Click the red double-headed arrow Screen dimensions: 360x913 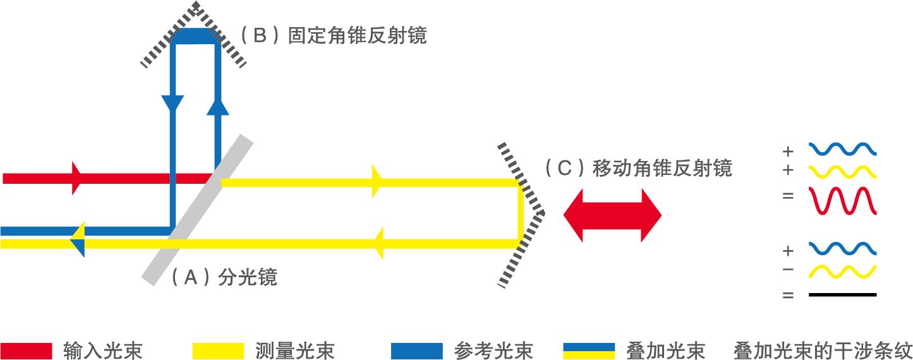click(612, 215)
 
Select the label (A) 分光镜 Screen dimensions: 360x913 click(224, 277)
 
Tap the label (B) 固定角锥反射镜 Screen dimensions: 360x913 click(334, 35)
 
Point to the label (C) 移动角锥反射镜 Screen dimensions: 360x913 click(638, 169)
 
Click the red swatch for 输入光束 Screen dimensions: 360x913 click(26, 351)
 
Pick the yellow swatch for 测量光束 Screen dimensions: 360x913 click(218, 351)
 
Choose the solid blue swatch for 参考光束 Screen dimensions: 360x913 click(417, 351)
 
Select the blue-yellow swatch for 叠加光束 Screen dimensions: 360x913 click(588, 351)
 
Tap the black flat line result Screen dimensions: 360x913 click(843, 295)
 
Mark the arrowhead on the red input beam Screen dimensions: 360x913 click(77, 178)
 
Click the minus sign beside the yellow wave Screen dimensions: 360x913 click(788, 270)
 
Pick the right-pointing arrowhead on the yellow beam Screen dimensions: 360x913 click(378, 182)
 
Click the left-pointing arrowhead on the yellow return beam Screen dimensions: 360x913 click(378, 244)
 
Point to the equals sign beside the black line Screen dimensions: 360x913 click(788, 295)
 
